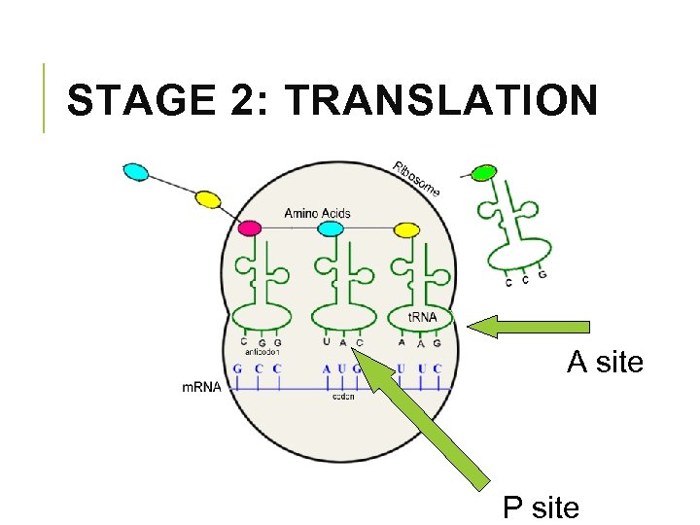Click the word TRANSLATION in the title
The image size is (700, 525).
[x=443, y=101]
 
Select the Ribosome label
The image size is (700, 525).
[x=417, y=178]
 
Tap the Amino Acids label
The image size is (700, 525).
[x=317, y=213]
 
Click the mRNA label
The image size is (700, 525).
[x=201, y=387]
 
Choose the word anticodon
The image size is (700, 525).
[x=259, y=352]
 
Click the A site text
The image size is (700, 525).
[x=605, y=363]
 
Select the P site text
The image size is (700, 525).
[x=541, y=507]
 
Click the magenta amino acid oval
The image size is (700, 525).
[x=250, y=228]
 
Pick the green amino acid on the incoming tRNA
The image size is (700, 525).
[x=483, y=174]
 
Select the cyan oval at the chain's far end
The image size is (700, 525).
[x=136, y=172]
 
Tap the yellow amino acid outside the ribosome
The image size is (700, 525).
[x=207, y=199]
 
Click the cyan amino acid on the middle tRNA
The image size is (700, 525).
[x=331, y=228]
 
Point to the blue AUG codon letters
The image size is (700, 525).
[x=342, y=369]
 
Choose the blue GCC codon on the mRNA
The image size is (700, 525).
[x=257, y=369]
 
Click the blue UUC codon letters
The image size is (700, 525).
[x=419, y=369]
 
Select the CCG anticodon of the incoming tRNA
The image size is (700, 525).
[x=525, y=280]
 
